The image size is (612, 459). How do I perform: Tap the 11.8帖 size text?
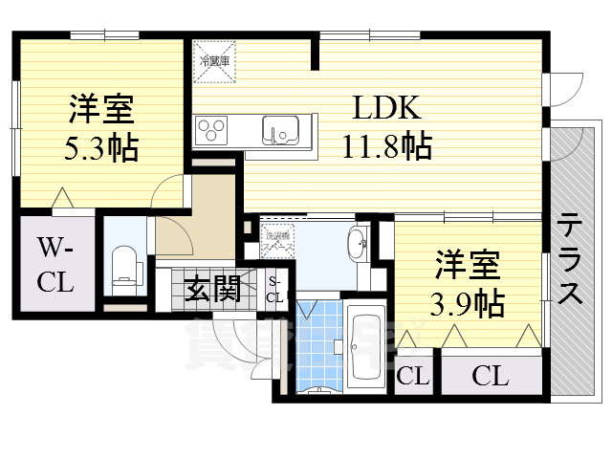pyautogui.click(x=387, y=146)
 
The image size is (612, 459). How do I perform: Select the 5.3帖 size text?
pyautogui.click(x=99, y=148)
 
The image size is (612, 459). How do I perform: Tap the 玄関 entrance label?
pyautogui.click(x=212, y=287)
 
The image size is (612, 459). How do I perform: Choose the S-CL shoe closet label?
pyautogui.click(x=274, y=288)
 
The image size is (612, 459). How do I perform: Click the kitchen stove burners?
pyautogui.click(x=212, y=129)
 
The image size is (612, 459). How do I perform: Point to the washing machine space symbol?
pyautogui.click(x=280, y=238)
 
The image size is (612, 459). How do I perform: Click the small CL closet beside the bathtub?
pyautogui.click(x=413, y=376)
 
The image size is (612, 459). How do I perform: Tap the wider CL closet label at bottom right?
pyautogui.click(x=489, y=376)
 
